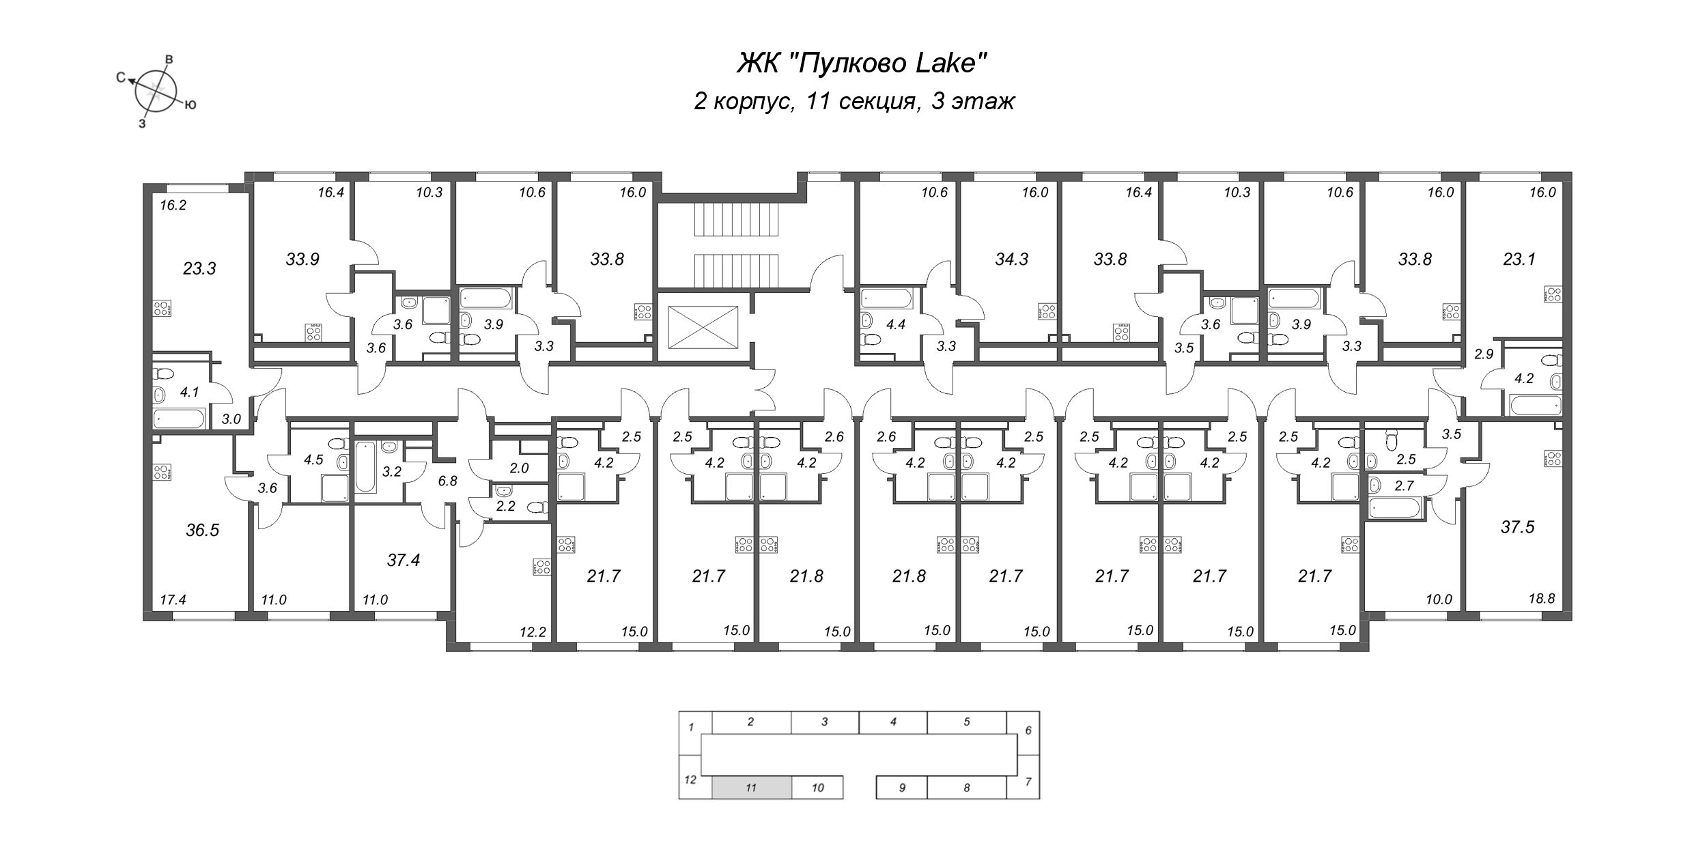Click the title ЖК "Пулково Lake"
(862, 64)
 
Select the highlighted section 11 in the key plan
(752, 787)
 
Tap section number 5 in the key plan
(966, 721)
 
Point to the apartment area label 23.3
(199, 268)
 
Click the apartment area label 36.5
(202, 530)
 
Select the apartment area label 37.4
(403, 561)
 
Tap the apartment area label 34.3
(1011, 259)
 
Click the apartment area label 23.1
(1519, 259)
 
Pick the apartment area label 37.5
(1518, 527)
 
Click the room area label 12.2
(533, 632)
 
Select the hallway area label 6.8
(447, 481)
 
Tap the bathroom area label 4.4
(895, 325)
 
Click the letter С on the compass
(121, 79)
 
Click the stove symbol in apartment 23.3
(162, 309)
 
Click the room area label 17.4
(173, 600)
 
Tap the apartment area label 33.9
(302, 259)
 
